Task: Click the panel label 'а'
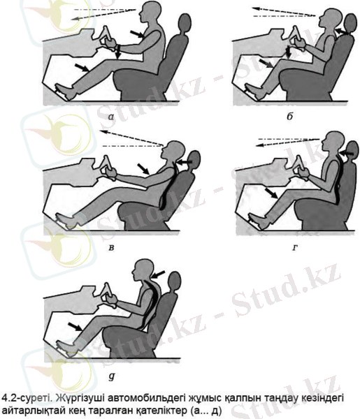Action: [111, 117]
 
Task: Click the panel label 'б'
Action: [290, 116]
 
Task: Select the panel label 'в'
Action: [111, 248]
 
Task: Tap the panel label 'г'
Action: [294, 248]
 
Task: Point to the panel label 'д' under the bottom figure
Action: [112, 376]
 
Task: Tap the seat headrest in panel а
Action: [184, 23]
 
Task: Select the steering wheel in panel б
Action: [297, 38]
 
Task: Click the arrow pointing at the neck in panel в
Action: [185, 162]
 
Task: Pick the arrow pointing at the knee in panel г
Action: [271, 193]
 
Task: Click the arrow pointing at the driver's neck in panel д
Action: [159, 274]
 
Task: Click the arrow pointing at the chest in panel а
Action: [138, 34]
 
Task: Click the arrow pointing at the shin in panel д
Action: [75, 327]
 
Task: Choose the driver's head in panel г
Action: [333, 142]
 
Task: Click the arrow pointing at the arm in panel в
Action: [143, 169]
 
